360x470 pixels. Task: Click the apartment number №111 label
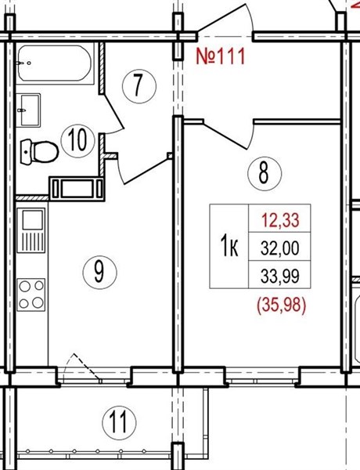[x=221, y=56]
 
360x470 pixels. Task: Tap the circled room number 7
[x=139, y=86]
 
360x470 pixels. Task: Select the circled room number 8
[x=265, y=173]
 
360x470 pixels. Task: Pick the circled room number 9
[x=99, y=272]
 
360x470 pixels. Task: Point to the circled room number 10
[x=77, y=140]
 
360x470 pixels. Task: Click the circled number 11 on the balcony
[x=119, y=423]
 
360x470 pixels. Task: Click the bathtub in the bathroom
[x=55, y=63]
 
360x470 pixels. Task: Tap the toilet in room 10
[x=39, y=152]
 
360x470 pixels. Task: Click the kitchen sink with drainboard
[x=31, y=230]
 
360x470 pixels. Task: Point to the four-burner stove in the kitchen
[x=31, y=295]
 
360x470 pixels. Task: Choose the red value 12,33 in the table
[x=280, y=219]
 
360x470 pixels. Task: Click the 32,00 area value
[x=279, y=248]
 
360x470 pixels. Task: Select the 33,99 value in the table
[x=279, y=276]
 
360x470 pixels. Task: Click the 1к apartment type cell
[x=229, y=247]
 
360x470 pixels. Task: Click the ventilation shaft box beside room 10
[x=77, y=189]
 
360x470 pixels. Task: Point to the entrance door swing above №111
[x=225, y=19]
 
